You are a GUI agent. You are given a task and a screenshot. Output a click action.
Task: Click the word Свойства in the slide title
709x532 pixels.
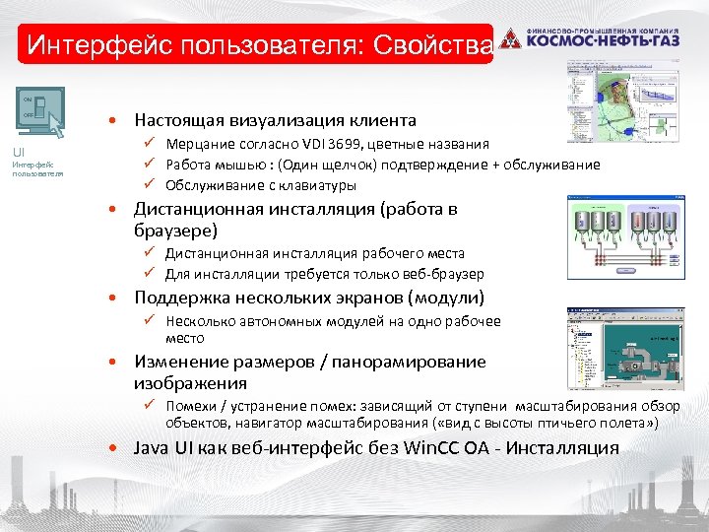click(429, 45)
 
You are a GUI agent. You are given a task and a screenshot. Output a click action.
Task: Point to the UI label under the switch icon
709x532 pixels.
click(19, 152)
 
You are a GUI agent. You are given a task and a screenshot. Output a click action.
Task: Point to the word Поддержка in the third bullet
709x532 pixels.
click(178, 298)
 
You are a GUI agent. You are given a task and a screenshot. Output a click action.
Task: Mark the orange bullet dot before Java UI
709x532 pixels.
click(116, 449)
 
